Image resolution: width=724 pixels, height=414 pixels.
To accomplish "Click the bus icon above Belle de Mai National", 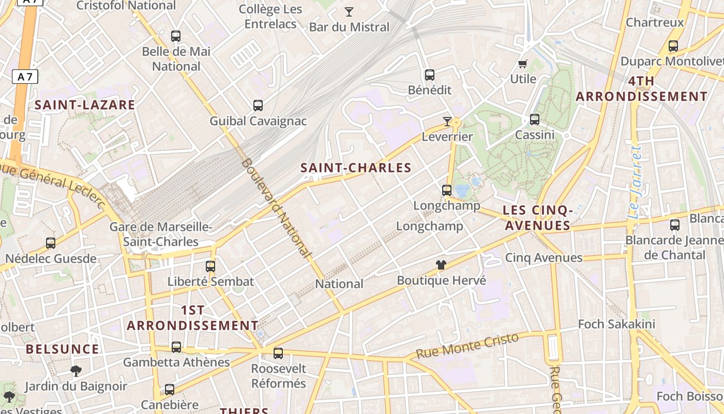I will [176, 36].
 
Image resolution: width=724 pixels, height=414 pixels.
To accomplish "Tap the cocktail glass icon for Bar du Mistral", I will [349, 11].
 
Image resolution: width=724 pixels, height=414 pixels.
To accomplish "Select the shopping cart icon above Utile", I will [523, 64].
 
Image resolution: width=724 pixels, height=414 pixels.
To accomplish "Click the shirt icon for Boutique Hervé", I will [441, 265].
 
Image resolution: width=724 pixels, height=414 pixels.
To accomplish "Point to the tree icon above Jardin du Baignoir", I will [76, 371].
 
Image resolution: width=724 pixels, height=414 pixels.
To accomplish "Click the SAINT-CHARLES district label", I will [356, 168].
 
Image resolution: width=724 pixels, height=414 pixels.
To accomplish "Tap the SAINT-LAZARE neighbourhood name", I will [85, 105].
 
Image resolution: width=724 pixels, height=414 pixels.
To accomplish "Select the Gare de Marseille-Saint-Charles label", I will [160, 234].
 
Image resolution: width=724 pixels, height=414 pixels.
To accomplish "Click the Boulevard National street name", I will [276, 208].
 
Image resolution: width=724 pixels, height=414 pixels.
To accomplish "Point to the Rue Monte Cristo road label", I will [467, 346].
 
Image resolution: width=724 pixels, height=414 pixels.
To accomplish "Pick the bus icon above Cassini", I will [535, 120].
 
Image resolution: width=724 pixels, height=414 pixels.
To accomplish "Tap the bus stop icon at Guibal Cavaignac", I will [258, 106].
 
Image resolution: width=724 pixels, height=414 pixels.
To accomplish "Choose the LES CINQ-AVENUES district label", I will [537, 218].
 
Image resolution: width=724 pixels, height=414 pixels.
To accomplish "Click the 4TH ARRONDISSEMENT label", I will [641, 88].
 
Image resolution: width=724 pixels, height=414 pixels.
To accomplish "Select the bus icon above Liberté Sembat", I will [210, 267].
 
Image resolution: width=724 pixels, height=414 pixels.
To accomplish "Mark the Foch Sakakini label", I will [616, 324].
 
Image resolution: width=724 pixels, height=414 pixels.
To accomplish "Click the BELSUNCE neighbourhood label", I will [63, 349].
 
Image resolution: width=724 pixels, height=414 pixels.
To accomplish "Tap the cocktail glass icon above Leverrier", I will [447, 122].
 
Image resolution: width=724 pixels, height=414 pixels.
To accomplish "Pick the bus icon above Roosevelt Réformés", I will [278, 353].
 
